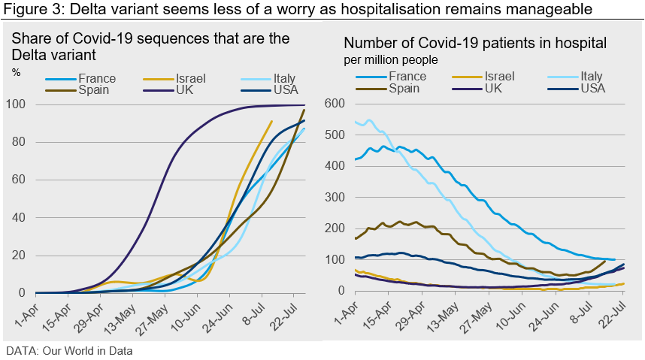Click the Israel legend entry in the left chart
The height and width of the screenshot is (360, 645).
190,78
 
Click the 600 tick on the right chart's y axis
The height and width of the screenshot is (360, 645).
334,104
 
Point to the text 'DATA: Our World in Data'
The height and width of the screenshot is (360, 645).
69,350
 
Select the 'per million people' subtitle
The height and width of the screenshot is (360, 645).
391,59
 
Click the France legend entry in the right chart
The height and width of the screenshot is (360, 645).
407,77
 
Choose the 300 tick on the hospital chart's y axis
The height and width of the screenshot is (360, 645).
334,197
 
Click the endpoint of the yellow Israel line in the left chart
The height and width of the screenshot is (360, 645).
271,121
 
